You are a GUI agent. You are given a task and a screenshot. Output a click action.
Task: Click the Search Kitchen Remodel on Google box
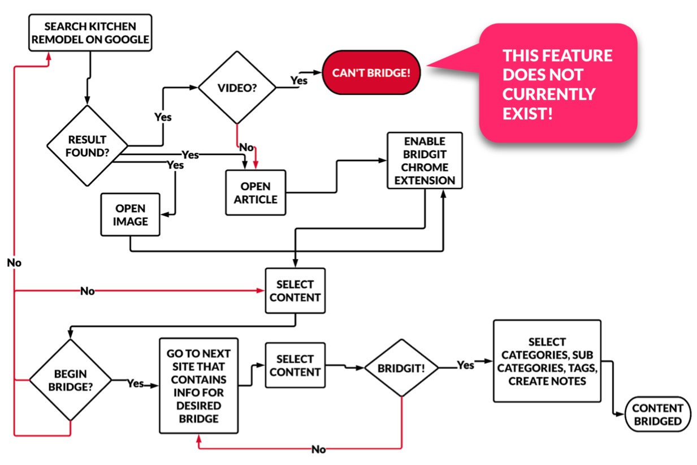(x=90, y=33)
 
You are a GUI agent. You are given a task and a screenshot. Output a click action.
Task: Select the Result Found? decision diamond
(x=88, y=145)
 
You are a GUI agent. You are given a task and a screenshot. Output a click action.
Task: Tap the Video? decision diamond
(x=237, y=88)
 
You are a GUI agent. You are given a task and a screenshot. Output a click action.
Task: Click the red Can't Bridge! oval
(x=371, y=73)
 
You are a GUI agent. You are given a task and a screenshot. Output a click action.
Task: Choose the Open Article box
(x=256, y=192)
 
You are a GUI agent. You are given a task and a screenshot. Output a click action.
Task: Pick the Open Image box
(x=130, y=215)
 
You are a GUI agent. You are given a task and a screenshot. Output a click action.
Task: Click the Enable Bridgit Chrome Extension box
(x=425, y=161)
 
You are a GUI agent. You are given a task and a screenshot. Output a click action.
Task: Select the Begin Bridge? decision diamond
(x=70, y=380)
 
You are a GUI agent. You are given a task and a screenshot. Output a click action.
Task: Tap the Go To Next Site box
(x=199, y=386)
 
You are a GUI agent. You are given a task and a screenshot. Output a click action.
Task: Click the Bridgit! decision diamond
(x=401, y=368)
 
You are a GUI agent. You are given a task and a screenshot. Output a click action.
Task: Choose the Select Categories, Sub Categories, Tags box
(x=547, y=361)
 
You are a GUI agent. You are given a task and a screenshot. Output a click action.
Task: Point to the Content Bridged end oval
(x=657, y=415)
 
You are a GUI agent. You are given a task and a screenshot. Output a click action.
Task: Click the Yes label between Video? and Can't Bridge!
(x=298, y=80)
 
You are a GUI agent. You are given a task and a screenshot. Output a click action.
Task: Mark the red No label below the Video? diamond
(x=247, y=147)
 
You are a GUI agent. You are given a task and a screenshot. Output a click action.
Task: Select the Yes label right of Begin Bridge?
(x=135, y=383)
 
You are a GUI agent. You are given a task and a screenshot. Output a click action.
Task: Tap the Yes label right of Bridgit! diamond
(x=465, y=365)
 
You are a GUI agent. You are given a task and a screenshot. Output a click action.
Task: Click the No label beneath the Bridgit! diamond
(x=319, y=449)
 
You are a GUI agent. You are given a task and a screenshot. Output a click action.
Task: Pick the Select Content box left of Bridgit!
(x=295, y=365)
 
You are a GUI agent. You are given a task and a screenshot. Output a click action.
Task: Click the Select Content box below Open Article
(x=295, y=291)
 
